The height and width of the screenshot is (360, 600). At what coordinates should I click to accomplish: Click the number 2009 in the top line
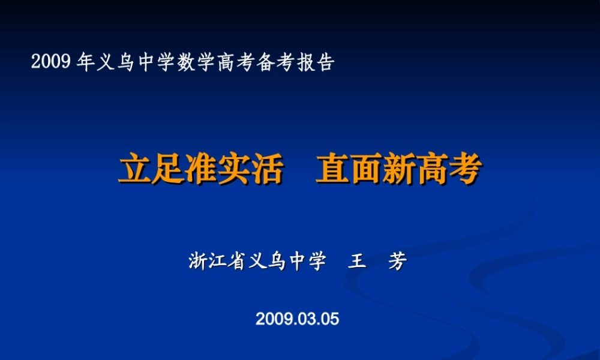(x=52, y=62)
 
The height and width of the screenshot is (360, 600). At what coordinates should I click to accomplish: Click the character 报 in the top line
(x=304, y=62)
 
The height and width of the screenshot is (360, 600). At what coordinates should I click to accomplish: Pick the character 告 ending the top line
(x=324, y=62)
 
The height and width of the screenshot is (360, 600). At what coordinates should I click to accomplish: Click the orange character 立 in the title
(x=134, y=170)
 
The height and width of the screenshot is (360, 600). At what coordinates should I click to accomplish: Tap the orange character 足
(x=167, y=170)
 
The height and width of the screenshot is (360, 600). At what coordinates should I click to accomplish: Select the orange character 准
(x=200, y=170)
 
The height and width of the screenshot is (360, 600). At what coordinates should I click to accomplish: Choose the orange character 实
(x=233, y=170)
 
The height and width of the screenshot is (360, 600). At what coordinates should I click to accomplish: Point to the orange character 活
(x=266, y=170)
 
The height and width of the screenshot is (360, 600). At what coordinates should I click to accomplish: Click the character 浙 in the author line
(x=199, y=262)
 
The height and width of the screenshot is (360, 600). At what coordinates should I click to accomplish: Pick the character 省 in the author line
(x=238, y=262)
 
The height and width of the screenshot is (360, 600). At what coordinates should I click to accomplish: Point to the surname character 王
(x=358, y=262)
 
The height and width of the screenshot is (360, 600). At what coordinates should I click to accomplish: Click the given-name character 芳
(x=397, y=262)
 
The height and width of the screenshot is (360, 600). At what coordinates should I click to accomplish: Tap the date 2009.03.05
(x=297, y=319)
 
